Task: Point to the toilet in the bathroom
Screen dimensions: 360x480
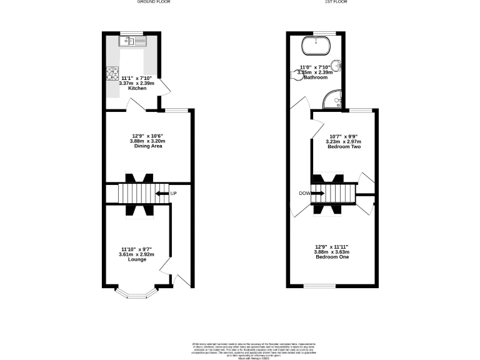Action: [x=296, y=73]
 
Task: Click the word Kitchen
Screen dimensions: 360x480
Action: [x=137, y=89]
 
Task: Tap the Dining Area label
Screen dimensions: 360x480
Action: [x=148, y=146]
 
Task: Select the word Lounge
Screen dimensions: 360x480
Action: [x=137, y=259]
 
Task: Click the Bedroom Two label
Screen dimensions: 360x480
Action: [x=343, y=146]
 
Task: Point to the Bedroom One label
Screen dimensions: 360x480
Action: [x=331, y=257]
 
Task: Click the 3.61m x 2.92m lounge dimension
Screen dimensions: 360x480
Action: [x=136, y=254]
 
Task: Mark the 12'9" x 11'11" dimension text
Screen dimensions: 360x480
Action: [x=331, y=246]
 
